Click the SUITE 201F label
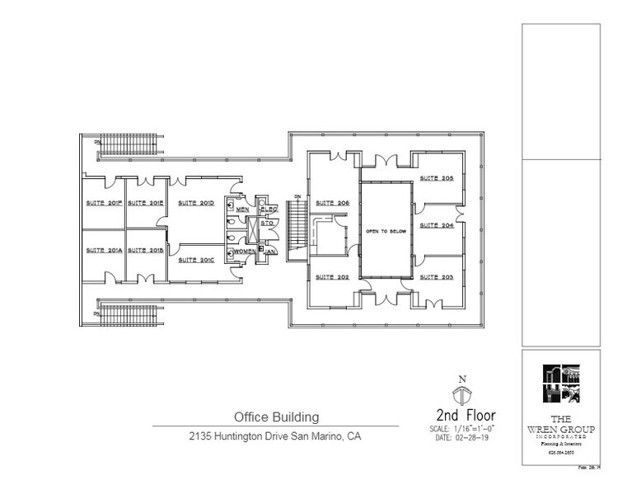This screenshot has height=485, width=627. (x=103, y=203)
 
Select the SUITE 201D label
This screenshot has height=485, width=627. (x=196, y=203)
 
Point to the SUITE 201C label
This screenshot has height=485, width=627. (x=196, y=260)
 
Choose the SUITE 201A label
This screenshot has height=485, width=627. (x=103, y=251)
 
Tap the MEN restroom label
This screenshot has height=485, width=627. (x=242, y=210)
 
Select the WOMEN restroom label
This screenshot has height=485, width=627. (x=245, y=251)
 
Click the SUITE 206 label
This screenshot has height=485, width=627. (x=332, y=203)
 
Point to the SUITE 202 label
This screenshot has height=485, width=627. (x=332, y=277)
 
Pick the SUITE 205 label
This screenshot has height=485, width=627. (x=436, y=178)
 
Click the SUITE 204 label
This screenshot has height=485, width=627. (x=436, y=225)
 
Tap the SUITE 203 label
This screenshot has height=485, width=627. (x=436, y=277)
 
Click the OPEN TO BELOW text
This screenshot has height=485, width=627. (x=386, y=232)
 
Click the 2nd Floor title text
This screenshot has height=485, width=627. (x=466, y=414)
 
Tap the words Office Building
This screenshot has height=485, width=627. (x=275, y=417)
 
